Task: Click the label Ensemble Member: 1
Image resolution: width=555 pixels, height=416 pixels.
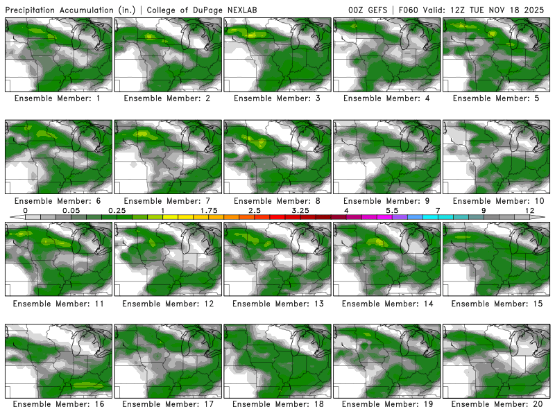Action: (x=58, y=98)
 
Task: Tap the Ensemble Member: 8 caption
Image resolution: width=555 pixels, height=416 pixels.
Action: (x=277, y=201)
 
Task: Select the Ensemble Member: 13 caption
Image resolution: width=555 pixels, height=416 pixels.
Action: (x=277, y=304)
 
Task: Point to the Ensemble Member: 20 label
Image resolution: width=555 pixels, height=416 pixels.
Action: (x=497, y=404)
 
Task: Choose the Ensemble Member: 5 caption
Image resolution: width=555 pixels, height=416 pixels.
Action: (x=497, y=98)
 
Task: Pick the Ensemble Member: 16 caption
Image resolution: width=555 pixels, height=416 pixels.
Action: (x=58, y=404)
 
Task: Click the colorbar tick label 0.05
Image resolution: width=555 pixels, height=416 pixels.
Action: (x=71, y=210)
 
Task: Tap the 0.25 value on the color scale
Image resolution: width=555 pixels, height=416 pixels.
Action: (x=117, y=210)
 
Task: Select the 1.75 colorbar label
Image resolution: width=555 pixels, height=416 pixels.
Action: (x=209, y=210)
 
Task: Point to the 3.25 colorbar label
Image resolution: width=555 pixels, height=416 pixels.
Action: (x=300, y=210)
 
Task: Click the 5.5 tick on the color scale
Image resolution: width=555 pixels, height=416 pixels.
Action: (x=392, y=210)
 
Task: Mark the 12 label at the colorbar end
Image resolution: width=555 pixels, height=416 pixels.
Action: (x=530, y=210)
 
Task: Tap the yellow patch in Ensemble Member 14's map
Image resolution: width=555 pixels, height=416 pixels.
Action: (x=377, y=242)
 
